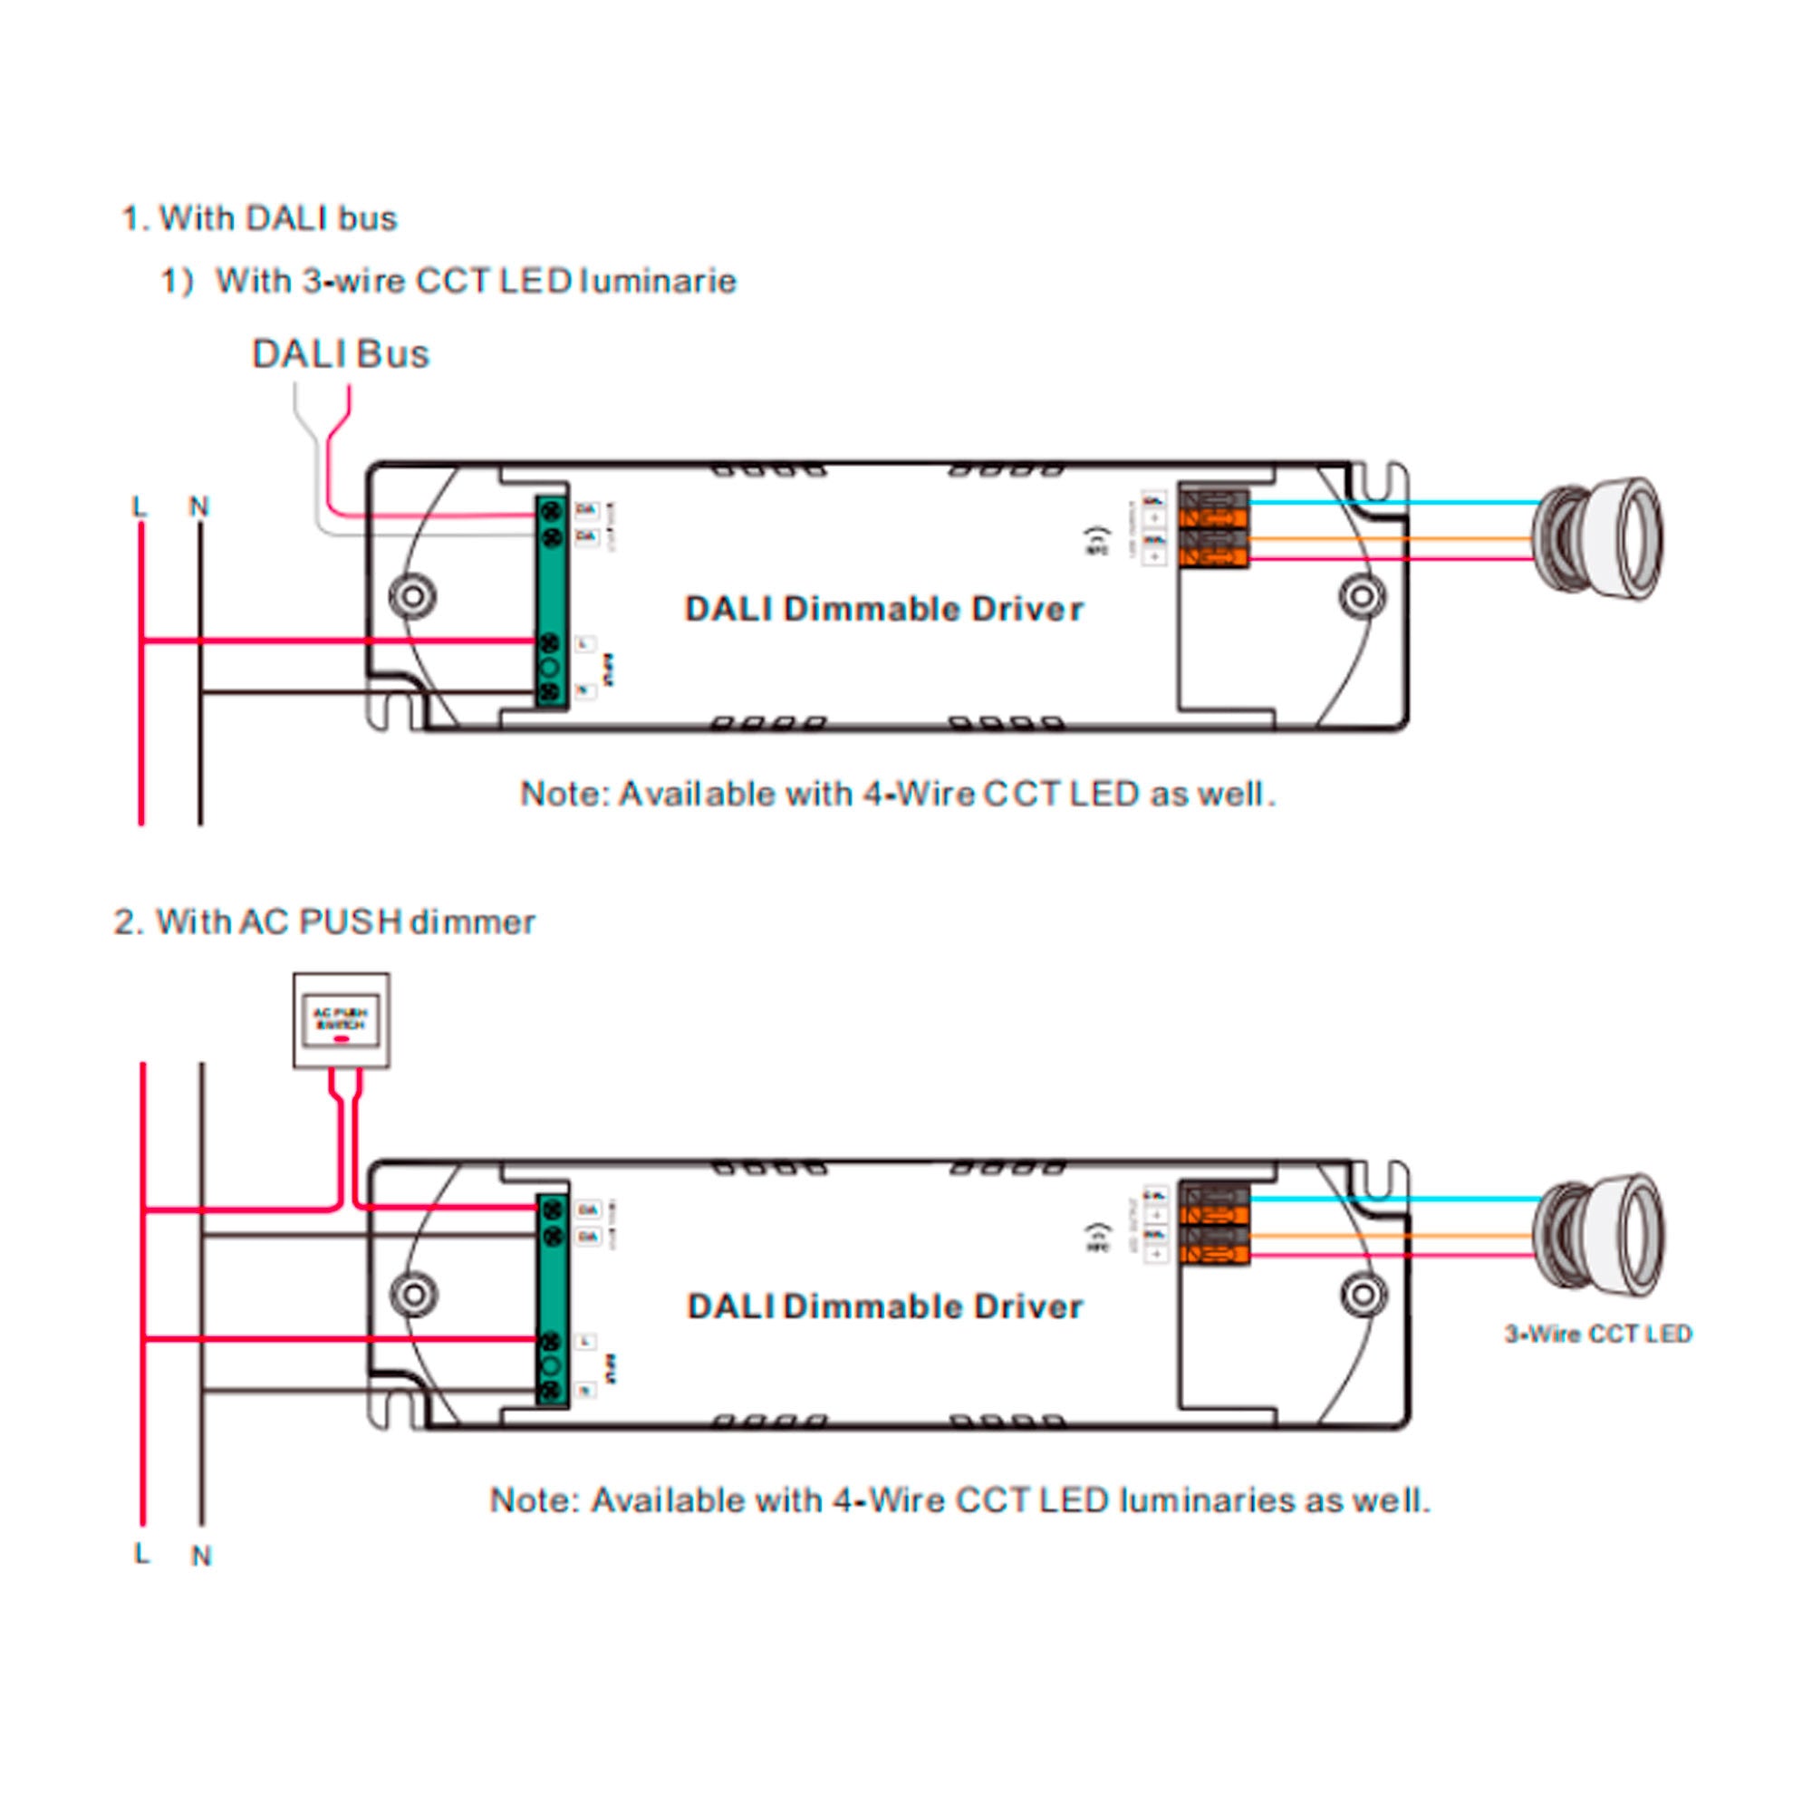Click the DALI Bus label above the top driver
point(340,353)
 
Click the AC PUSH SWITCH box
point(341,1020)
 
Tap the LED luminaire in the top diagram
point(1596,538)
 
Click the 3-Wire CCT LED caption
point(1597,1334)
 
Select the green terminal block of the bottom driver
point(553,1300)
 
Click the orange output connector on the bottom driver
point(1214,1224)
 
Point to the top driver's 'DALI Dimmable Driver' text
point(883,609)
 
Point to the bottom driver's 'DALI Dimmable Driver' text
point(884,1306)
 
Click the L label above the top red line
point(140,507)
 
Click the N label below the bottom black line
point(201,1556)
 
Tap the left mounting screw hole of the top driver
point(411,596)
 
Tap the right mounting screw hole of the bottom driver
point(1362,1295)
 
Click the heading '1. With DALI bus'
point(259,218)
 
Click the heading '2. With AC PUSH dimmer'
point(323,922)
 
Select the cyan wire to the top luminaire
point(1388,503)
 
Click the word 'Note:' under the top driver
point(564,795)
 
